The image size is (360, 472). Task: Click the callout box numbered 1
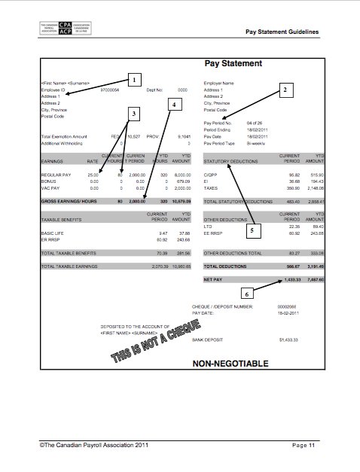tap(133, 78)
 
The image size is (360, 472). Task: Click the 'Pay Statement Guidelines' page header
tap(282, 32)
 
